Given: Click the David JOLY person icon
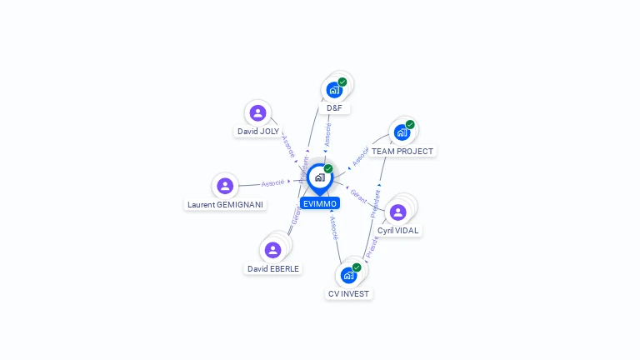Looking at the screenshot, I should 257,113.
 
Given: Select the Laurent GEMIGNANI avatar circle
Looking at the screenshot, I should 224,187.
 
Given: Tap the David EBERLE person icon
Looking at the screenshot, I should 272,250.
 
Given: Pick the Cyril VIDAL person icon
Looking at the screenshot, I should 398,212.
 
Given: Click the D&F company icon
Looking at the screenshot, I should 334,90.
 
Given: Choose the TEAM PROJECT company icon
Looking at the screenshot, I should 402,132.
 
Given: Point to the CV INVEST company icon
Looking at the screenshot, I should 348,275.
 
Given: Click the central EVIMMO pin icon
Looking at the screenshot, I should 319,177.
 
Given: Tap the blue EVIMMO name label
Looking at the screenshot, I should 320,203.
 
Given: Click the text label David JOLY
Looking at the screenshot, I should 258,132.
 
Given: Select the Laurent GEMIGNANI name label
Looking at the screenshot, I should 225,205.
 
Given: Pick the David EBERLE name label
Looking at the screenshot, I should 273,268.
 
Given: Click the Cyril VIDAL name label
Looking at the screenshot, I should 398,231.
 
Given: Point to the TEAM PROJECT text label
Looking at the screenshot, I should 402,152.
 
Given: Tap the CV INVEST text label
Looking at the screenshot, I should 348,293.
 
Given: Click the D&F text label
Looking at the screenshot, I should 334,108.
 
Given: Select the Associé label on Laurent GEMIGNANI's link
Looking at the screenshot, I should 272,182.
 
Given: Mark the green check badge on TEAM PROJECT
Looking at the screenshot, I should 410,125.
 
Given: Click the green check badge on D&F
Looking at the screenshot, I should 342,82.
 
